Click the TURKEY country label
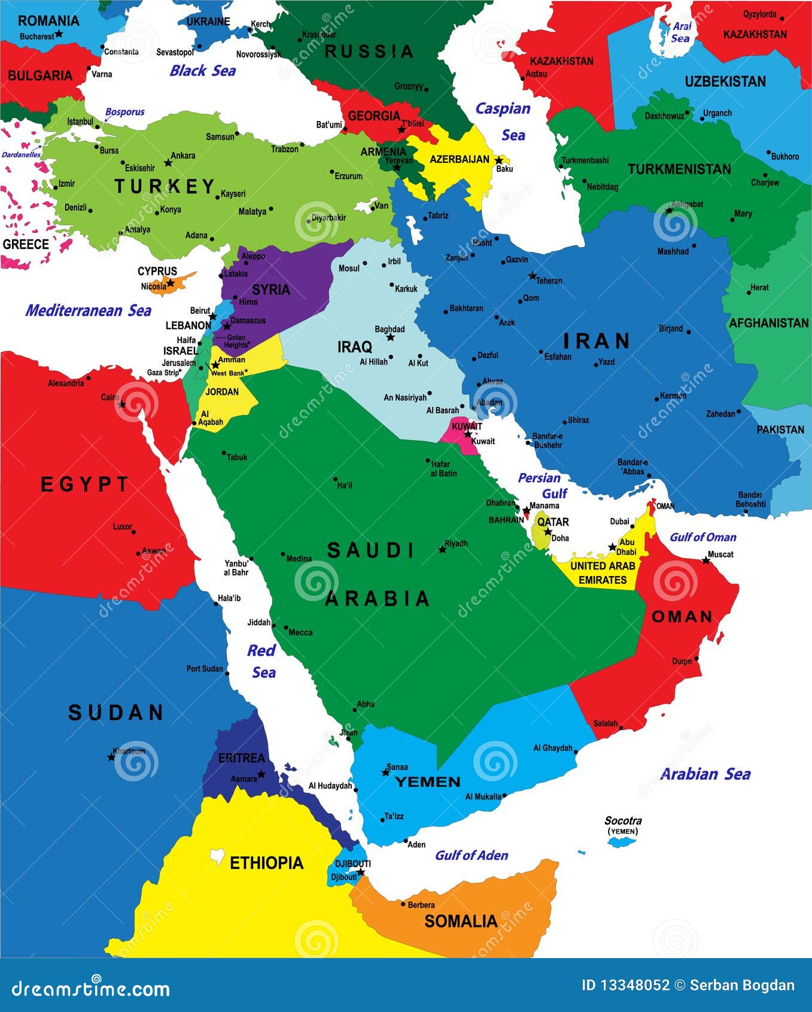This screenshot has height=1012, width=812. click(165, 187)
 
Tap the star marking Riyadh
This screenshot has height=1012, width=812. click(442, 549)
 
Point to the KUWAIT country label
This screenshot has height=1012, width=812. click(467, 426)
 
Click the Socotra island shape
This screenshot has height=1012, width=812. click(622, 841)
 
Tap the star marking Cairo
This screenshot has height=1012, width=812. click(122, 404)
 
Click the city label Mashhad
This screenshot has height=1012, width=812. click(673, 252)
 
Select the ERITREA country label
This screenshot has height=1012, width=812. click(241, 758)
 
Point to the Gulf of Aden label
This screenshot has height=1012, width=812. click(472, 855)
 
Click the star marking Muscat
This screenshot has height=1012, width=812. click(706, 560)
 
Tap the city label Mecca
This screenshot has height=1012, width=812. click(300, 632)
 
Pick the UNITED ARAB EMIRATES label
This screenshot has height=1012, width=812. click(602, 572)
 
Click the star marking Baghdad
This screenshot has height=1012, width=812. click(390, 338)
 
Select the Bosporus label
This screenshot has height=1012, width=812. click(125, 112)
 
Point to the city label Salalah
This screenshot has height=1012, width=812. click(605, 723)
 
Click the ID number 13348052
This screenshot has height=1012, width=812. click(625, 986)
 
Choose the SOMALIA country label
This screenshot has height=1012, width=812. click(461, 921)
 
